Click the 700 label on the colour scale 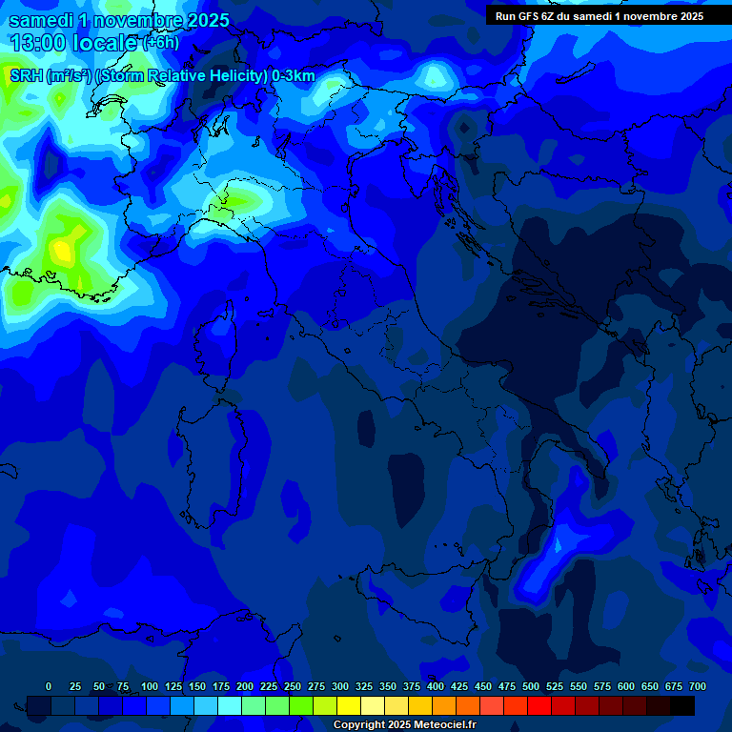[x=698, y=686]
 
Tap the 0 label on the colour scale [x=49, y=686]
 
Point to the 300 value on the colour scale [x=340, y=686]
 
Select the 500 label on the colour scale [x=531, y=686]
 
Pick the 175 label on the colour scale [x=221, y=686]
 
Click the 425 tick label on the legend [x=459, y=686]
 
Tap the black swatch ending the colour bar [x=682, y=705]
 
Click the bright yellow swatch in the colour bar [x=349, y=705]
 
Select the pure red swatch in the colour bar [x=539, y=705]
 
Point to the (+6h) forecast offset [x=161, y=43]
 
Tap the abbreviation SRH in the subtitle [x=26, y=76]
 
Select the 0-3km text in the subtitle [x=294, y=76]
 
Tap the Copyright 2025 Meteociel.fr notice [x=404, y=724]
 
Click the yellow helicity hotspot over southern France [x=62, y=250]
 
